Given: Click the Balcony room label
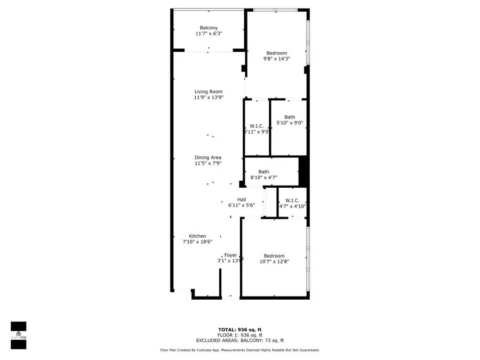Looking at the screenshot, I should point(209,28).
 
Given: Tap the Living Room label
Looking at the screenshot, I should point(208,92).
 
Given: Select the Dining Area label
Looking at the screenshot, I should point(208,157).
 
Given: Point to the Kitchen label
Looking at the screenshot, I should point(197,236).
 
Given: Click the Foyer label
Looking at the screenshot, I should point(230,255).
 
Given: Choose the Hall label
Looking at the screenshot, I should point(242,199).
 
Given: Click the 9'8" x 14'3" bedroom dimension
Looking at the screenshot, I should point(277,59).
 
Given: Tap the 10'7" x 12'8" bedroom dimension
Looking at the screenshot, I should point(274,261).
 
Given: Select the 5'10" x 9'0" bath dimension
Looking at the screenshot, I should point(290,123).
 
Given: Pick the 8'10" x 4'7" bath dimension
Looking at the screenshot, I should point(263,178).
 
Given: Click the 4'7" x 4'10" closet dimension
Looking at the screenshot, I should point(292,206).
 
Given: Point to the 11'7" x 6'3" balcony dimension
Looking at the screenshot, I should point(209,34).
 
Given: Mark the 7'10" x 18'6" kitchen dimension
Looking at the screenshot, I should point(197,242).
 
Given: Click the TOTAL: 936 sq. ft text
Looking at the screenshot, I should point(240,330).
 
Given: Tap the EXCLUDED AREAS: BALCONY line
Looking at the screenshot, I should point(240,340).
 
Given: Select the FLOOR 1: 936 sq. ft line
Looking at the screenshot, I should point(240,335).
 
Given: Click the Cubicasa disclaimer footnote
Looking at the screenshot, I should point(240,350).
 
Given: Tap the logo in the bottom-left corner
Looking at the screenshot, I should point(19,335).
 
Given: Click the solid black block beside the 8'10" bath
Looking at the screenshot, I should point(303,170).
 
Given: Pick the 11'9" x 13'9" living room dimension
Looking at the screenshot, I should point(208,98).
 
